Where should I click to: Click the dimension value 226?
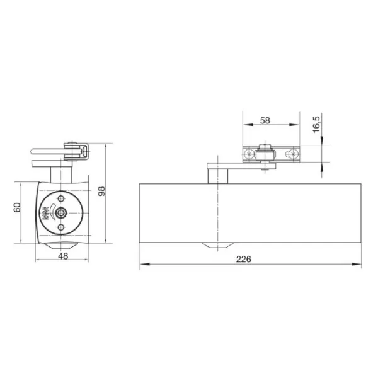[x=243, y=259]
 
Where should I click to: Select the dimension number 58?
[x=265, y=120]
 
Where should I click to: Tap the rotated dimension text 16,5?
[x=316, y=124]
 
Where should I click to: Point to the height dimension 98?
[x=101, y=191]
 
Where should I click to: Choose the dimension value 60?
[x=17, y=207]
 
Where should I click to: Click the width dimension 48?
[x=63, y=256]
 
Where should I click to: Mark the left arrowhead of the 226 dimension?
[x=145, y=264]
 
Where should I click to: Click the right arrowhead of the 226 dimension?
[x=356, y=264]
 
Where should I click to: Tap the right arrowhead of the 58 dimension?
[x=294, y=125]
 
